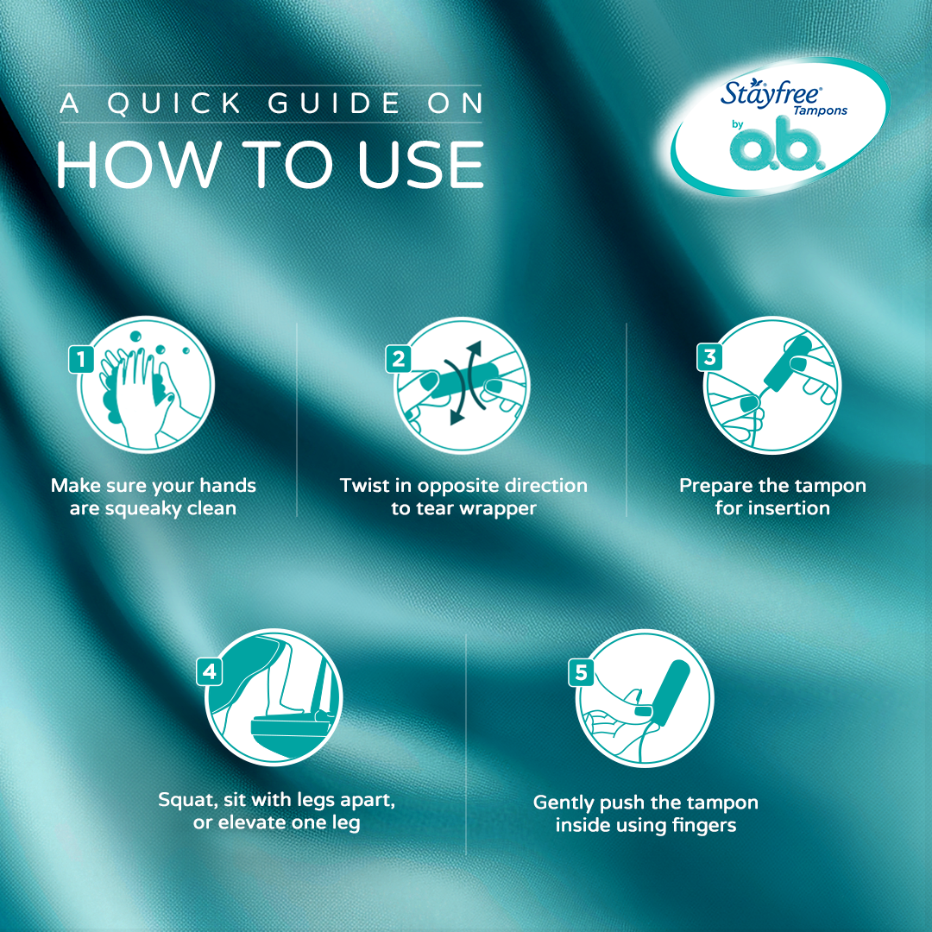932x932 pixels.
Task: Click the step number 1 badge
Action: click(x=81, y=359)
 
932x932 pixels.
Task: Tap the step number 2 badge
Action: click(x=398, y=359)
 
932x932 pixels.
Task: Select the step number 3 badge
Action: click(x=709, y=357)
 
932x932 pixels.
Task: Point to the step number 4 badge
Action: click(x=209, y=671)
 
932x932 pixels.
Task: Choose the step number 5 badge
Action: click(x=582, y=672)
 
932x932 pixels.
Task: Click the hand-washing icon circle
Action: click(x=146, y=385)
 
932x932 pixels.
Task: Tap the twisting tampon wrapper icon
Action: click(x=462, y=385)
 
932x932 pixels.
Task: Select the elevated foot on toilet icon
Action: click(x=274, y=697)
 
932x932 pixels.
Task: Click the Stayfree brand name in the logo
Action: click(x=771, y=93)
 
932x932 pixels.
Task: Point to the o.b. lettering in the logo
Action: click(x=778, y=144)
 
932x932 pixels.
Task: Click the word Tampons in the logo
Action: click(x=821, y=110)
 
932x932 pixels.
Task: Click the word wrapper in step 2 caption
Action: click(x=498, y=510)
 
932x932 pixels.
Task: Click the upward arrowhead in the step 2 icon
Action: click(x=474, y=349)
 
